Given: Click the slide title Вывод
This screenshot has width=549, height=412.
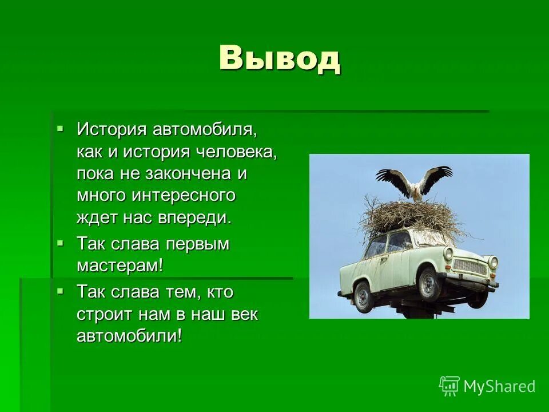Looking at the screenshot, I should click(x=280, y=58).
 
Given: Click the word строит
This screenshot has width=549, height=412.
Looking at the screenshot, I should click(x=104, y=314).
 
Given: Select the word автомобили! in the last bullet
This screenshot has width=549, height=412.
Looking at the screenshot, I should click(x=129, y=336).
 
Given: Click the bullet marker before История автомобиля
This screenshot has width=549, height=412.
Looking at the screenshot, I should click(x=61, y=128).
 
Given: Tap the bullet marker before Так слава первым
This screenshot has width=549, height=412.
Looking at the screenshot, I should click(x=61, y=243).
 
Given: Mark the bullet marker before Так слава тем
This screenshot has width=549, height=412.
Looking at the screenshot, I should click(x=61, y=291).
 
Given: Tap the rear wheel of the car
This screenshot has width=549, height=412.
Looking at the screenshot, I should click(x=363, y=296).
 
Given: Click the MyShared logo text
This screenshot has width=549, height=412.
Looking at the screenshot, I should click(x=499, y=386).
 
